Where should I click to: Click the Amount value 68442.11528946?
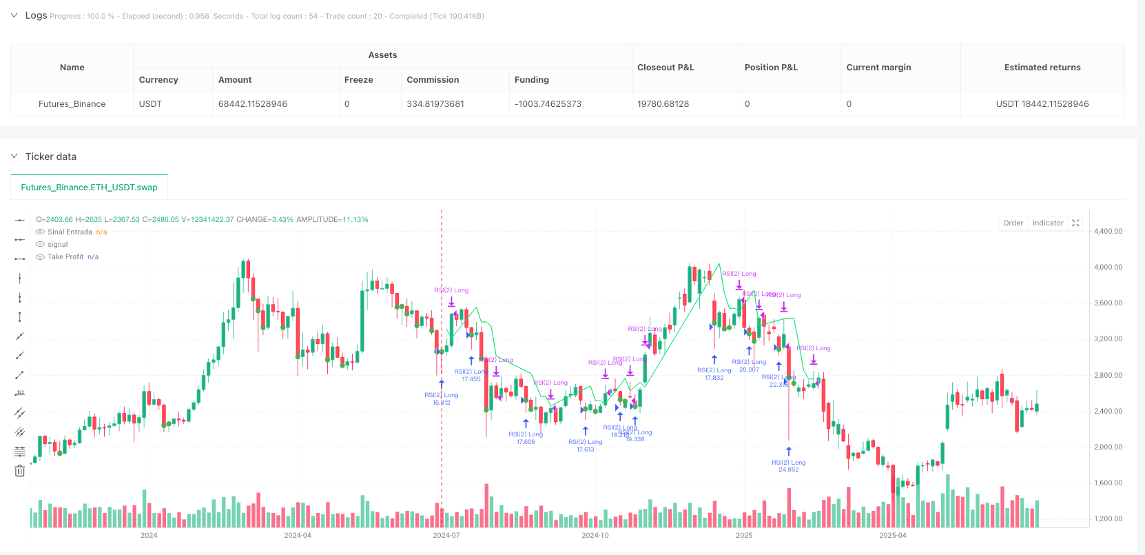[252, 104]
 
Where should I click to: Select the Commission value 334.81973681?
[435, 104]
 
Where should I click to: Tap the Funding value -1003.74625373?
[548, 104]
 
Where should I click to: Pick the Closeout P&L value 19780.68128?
[663, 104]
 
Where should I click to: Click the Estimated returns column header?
[1042, 68]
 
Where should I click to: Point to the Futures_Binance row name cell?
[72, 104]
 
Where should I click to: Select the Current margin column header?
[878, 68]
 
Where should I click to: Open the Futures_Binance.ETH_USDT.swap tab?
[90, 188]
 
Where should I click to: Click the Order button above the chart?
[1013, 223]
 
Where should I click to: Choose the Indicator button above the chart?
[1048, 223]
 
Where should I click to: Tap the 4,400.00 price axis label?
[1108, 232]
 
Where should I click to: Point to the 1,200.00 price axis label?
[1108, 518]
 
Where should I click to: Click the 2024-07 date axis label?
[446, 535]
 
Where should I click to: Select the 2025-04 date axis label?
[893, 535]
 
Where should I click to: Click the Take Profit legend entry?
[65, 256]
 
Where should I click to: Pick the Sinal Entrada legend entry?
[70, 232]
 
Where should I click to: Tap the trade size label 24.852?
[788, 470]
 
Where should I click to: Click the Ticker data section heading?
[51, 157]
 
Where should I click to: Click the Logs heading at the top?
[36, 15]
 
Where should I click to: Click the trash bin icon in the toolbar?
[19, 471]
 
